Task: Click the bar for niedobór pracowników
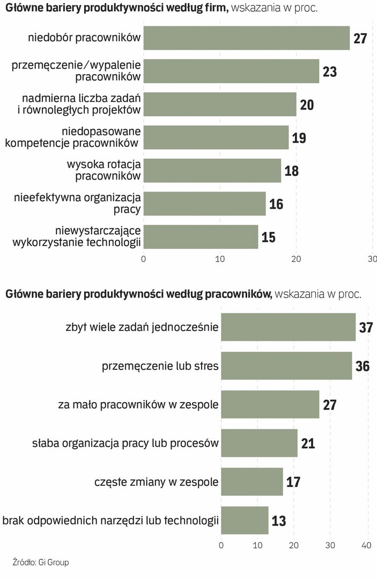click(x=247, y=38)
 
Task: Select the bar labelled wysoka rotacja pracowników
click(x=212, y=170)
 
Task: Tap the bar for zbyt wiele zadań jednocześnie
click(x=288, y=327)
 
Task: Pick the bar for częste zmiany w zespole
click(x=252, y=481)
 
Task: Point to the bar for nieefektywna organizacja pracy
click(x=205, y=204)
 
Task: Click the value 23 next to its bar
click(x=330, y=72)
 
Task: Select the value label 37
click(x=366, y=328)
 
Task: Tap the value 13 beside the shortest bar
click(x=279, y=521)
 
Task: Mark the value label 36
click(x=363, y=366)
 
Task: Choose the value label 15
click(x=269, y=237)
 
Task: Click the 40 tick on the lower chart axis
click(x=367, y=545)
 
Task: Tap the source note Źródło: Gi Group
click(x=41, y=562)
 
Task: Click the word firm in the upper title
click(x=217, y=8)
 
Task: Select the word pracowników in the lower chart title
click(x=239, y=294)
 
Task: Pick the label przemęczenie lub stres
click(x=160, y=366)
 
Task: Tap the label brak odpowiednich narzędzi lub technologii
click(x=111, y=520)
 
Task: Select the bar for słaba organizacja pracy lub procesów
click(x=259, y=443)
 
